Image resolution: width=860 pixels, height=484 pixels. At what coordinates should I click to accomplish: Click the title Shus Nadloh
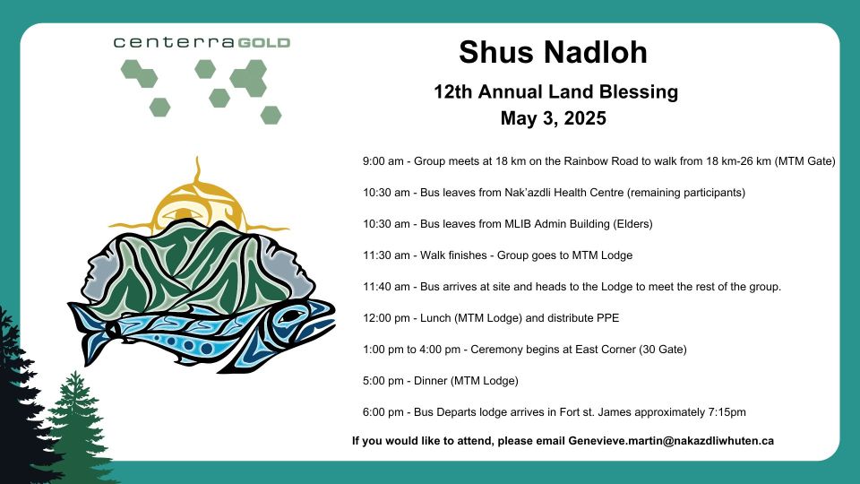click(x=553, y=52)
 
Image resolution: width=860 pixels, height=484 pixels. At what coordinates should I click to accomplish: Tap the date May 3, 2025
click(x=553, y=118)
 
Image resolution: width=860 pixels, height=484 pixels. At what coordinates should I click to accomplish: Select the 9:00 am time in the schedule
click(x=383, y=161)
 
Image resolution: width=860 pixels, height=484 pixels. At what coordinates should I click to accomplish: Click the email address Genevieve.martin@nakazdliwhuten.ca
click(x=671, y=441)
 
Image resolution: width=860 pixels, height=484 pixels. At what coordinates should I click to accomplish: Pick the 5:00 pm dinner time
click(x=383, y=381)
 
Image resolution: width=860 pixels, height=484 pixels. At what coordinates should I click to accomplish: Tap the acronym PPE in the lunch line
click(x=608, y=318)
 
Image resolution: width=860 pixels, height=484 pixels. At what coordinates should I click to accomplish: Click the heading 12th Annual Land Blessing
click(x=555, y=91)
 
